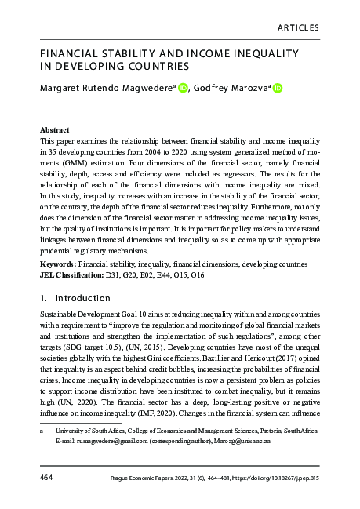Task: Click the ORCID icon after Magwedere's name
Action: pyautogui.click(x=184, y=89)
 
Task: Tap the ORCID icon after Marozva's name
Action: pyautogui.click(x=277, y=89)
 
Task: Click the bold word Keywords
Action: pyautogui.click(x=57, y=265)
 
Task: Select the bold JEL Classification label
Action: pyautogui.click(x=75, y=276)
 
